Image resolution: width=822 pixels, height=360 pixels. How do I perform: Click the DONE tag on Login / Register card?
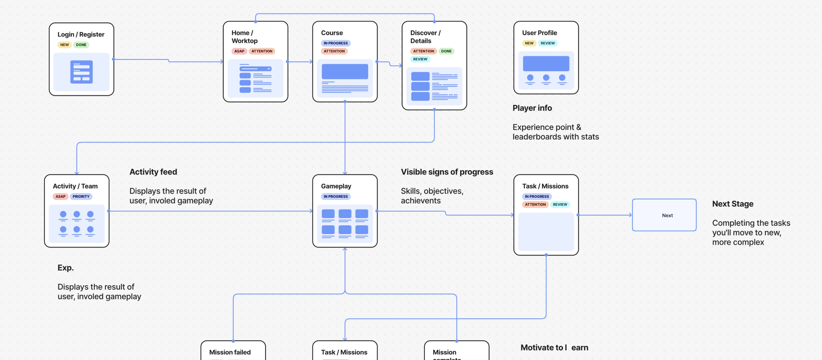pos(81,45)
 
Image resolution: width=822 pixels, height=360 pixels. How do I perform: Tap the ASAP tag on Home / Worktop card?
pos(239,51)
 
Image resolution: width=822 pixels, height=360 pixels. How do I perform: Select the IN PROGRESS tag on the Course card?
pos(335,43)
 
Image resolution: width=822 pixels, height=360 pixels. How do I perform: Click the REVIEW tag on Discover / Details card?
pos(420,59)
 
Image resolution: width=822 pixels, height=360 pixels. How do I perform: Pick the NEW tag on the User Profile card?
pos(529,43)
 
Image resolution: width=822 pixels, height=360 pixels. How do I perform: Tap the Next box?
pos(664,215)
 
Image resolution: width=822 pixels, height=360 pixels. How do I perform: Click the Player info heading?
pos(532,108)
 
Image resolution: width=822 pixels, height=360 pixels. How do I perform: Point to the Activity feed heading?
pos(153,172)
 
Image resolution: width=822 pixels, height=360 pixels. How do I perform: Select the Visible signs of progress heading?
pos(447,172)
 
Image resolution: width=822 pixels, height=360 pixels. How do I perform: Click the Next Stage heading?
pos(733,204)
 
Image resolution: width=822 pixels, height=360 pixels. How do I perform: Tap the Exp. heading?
pos(66,267)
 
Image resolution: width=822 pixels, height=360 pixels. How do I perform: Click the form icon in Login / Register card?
pos(81,72)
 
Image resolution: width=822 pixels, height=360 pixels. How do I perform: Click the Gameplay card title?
pos(336,186)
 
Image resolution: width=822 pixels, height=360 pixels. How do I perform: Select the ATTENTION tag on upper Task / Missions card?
pos(535,205)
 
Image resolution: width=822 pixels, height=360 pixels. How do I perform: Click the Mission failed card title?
pos(230,352)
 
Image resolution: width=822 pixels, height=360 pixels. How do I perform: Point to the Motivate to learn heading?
pos(554,348)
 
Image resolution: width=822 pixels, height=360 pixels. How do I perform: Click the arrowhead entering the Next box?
pos(630,215)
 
